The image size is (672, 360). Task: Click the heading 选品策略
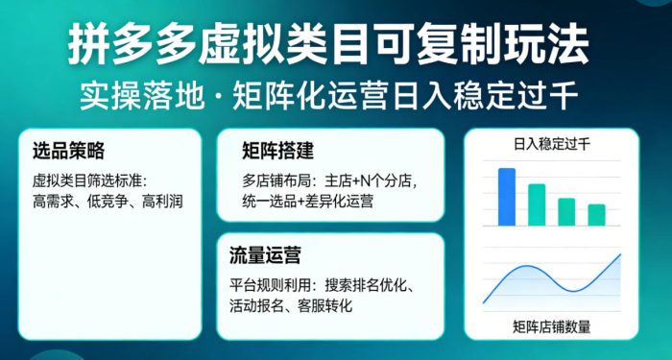point(68,151)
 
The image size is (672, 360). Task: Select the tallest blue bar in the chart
point(506,196)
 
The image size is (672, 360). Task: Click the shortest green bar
point(596,214)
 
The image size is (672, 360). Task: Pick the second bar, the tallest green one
point(537,204)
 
